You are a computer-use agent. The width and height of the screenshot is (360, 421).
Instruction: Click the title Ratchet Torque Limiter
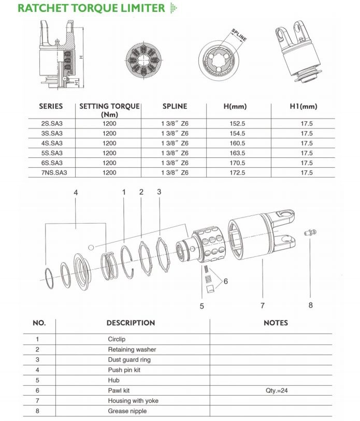tap(91, 8)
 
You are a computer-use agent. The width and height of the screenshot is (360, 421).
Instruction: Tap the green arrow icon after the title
tap(174, 8)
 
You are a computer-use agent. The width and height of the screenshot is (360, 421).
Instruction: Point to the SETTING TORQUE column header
tap(109, 110)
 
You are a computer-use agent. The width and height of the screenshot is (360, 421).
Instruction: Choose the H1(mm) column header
tap(303, 107)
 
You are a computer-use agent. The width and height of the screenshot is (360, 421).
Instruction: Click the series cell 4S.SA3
tap(51, 143)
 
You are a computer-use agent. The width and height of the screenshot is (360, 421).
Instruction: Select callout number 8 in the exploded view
tap(311, 305)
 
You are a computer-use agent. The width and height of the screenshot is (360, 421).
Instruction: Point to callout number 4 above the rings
tap(76, 193)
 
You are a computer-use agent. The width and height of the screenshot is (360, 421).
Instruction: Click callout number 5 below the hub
tap(202, 306)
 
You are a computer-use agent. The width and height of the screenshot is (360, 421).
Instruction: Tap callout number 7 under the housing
tap(263, 305)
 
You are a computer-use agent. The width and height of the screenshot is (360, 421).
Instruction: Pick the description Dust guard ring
tap(129, 359)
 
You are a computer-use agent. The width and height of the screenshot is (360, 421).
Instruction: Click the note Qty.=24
tap(276, 390)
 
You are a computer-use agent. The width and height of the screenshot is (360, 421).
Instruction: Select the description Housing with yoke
tap(133, 401)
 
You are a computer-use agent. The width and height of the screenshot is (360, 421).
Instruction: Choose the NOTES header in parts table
tap(276, 323)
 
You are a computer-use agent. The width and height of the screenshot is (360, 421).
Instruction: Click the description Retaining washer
tap(132, 350)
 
